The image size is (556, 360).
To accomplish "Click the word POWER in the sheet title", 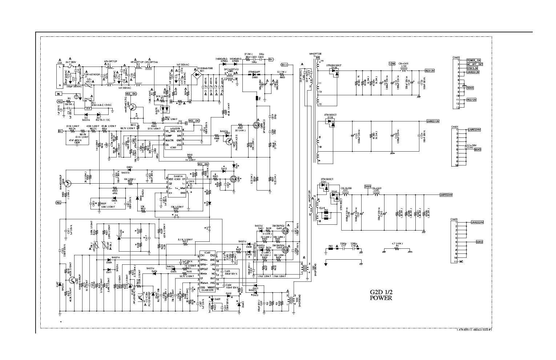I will tap(381, 298).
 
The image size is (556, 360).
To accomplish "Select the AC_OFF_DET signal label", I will tap(475, 64).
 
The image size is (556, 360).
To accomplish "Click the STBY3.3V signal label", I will tap(473, 68).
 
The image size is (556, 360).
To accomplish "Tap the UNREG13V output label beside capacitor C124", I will tap(432, 121).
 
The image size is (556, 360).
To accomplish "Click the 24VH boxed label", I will tap(367, 187).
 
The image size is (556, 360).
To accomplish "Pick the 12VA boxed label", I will tap(392, 63).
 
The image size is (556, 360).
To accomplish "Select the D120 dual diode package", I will tap(334, 73).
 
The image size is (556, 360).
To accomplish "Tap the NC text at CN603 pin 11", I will tap(461, 261).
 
